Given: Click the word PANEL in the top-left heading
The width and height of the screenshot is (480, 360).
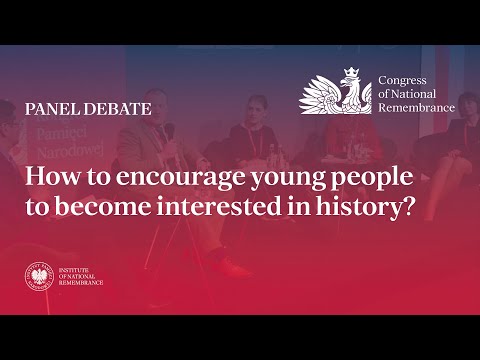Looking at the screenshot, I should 48,107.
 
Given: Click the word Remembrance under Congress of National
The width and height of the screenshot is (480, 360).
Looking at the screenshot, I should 416,107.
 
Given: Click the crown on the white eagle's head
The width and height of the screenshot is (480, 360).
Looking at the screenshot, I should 351,72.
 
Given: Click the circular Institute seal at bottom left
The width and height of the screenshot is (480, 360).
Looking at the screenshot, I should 40,275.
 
